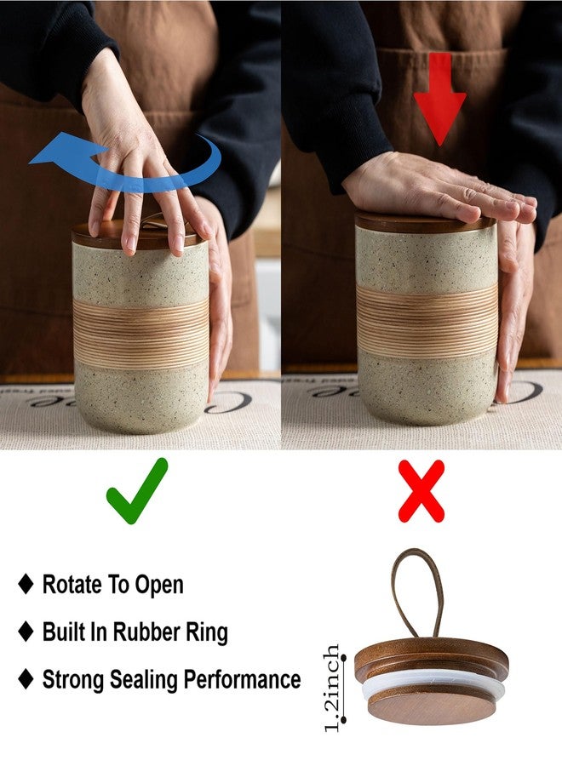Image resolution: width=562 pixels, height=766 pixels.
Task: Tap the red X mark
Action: click(x=421, y=491)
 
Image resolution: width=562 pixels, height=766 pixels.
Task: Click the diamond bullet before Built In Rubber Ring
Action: click(x=26, y=632)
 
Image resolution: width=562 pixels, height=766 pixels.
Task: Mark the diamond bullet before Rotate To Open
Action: click(x=26, y=584)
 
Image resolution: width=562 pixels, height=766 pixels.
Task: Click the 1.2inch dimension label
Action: click(x=333, y=688)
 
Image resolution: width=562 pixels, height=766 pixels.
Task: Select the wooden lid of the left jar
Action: click(x=138, y=236)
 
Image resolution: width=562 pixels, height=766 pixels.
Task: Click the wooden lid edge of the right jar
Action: click(x=425, y=223)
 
